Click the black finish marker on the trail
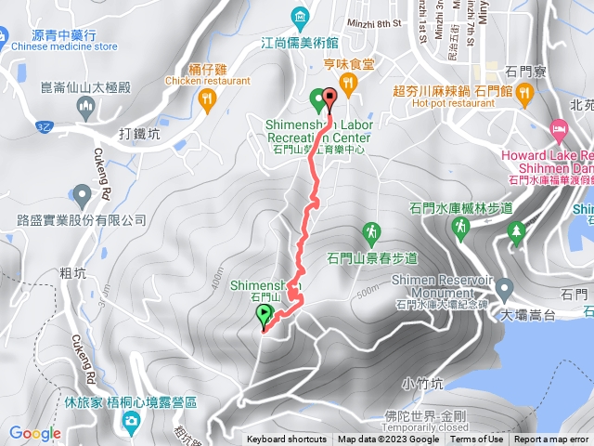329,99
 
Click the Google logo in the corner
35,433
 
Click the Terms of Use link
477,439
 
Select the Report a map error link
551,439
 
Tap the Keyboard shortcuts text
287,439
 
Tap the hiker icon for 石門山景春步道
372,230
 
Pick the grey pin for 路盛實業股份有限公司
82,195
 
